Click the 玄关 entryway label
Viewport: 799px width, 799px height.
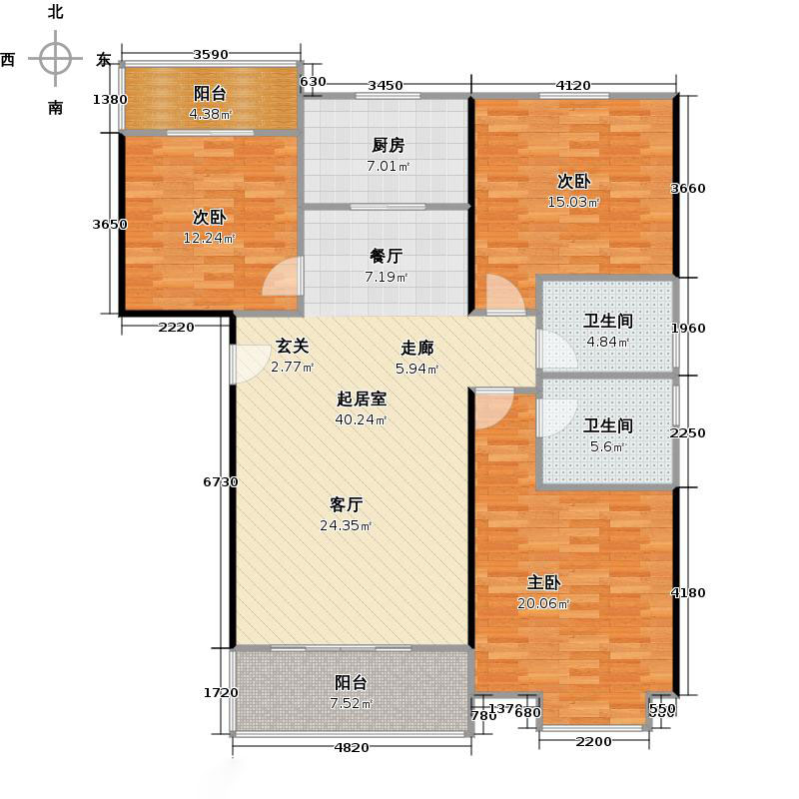pyautogui.click(x=293, y=347)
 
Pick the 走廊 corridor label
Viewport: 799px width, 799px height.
pyautogui.click(x=417, y=349)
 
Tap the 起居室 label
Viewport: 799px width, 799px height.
pyautogui.click(x=362, y=399)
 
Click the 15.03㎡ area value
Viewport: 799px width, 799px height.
pyautogui.click(x=578, y=203)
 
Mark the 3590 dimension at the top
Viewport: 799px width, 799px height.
pyautogui.click(x=211, y=55)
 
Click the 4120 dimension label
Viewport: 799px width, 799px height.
pyautogui.click(x=573, y=85)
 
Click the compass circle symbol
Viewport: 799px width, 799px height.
pyautogui.click(x=56, y=59)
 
